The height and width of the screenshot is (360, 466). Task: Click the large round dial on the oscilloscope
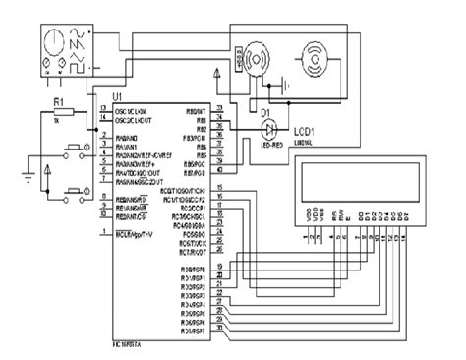pos(51,43)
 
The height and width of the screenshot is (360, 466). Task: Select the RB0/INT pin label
pos(195,110)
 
